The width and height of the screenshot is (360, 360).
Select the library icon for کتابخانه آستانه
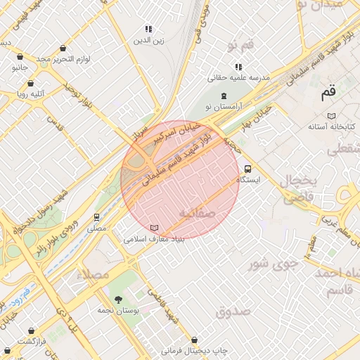pos(331,116)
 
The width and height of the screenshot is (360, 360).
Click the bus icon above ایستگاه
pos(247,169)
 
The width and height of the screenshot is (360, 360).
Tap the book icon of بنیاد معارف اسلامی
pos(155,229)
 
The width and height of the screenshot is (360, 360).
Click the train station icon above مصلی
pos(96,217)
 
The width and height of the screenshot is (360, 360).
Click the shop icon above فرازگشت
pos(30,330)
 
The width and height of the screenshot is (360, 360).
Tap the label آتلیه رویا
pos(32,92)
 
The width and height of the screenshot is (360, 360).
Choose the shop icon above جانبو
pos(19,57)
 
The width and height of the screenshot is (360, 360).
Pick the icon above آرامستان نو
pos(224,96)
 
